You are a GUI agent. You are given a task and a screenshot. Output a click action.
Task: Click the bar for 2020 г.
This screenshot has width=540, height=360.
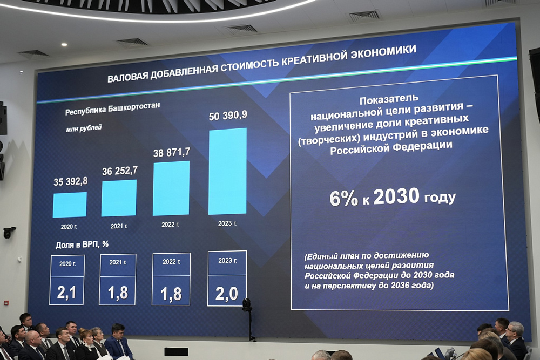pos(70,205)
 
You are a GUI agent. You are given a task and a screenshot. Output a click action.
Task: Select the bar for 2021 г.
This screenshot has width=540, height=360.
pos(119,198)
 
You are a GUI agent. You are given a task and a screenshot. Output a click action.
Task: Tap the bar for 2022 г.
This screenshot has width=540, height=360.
pos(171,188)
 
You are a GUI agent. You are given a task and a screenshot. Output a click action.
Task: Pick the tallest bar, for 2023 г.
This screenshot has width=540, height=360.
pos(227,171)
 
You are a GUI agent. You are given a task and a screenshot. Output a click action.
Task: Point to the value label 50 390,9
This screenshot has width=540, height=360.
pos(228,116)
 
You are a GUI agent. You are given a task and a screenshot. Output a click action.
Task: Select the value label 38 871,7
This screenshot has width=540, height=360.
pos(172,153)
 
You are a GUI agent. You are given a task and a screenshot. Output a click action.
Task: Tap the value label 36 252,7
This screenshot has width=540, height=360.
pos(120,171)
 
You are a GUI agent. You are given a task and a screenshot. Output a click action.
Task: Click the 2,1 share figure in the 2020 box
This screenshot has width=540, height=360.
pos(67,293)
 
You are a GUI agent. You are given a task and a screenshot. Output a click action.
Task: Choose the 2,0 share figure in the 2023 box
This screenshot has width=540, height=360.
pos(227,294)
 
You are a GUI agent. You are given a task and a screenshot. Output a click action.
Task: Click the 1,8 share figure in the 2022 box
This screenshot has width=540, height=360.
pos(171,294)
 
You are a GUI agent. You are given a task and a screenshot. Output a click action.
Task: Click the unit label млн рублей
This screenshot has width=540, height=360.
pos(84,128)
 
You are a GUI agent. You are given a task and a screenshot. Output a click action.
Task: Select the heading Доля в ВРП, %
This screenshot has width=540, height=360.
pos(82,244)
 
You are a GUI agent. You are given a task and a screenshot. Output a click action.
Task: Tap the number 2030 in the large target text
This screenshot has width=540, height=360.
pos(396,197)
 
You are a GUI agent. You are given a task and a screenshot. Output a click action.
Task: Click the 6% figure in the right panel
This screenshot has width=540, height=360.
pos(344,199)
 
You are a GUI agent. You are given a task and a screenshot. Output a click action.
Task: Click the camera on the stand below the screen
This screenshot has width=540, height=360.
pos(247,305)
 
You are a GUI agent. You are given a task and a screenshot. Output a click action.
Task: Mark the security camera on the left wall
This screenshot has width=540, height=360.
pos(9,232)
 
